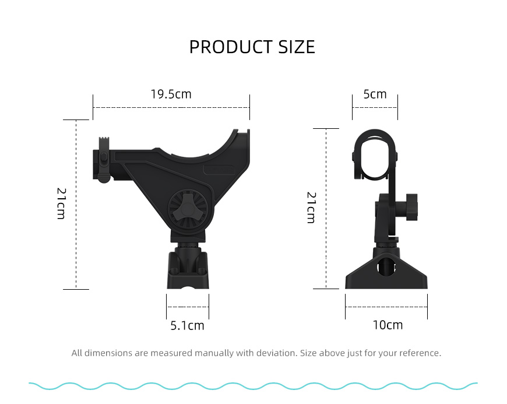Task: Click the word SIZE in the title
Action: click(x=297, y=47)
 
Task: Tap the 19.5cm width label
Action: click(x=171, y=94)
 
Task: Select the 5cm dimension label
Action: click(x=375, y=94)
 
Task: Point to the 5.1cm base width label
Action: click(x=187, y=325)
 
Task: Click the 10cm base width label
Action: click(x=388, y=325)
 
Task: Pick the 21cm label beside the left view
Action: click(x=61, y=203)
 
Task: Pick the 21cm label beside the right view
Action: click(x=311, y=208)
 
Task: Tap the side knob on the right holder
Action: click(x=411, y=208)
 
